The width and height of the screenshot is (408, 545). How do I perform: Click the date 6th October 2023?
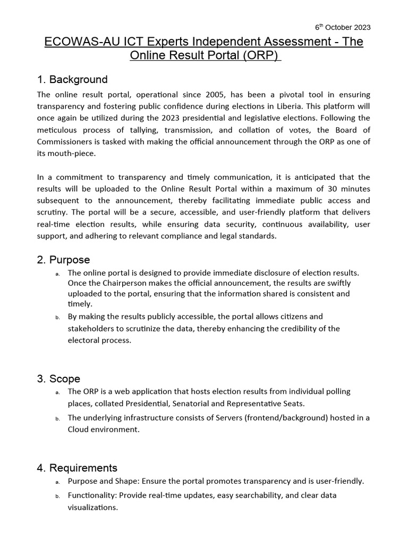[343, 28]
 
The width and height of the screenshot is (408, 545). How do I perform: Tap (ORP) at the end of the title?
[261, 56]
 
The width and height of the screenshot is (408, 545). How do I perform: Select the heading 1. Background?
[72, 80]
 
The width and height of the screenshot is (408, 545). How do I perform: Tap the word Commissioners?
[63, 141]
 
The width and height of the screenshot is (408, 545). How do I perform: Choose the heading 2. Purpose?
[63, 260]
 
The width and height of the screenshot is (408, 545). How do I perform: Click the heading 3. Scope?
[58, 379]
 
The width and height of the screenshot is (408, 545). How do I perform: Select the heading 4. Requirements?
[77, 468]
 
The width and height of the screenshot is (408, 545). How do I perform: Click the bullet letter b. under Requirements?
[57, 496]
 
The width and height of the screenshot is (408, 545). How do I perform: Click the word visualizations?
[92, 507]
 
